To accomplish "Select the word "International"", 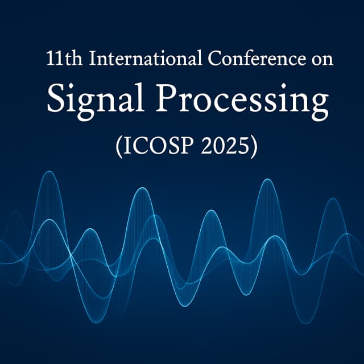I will (134, 59).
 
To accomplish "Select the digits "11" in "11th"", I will (53, 59).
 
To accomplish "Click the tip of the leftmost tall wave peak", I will (50, 172).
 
